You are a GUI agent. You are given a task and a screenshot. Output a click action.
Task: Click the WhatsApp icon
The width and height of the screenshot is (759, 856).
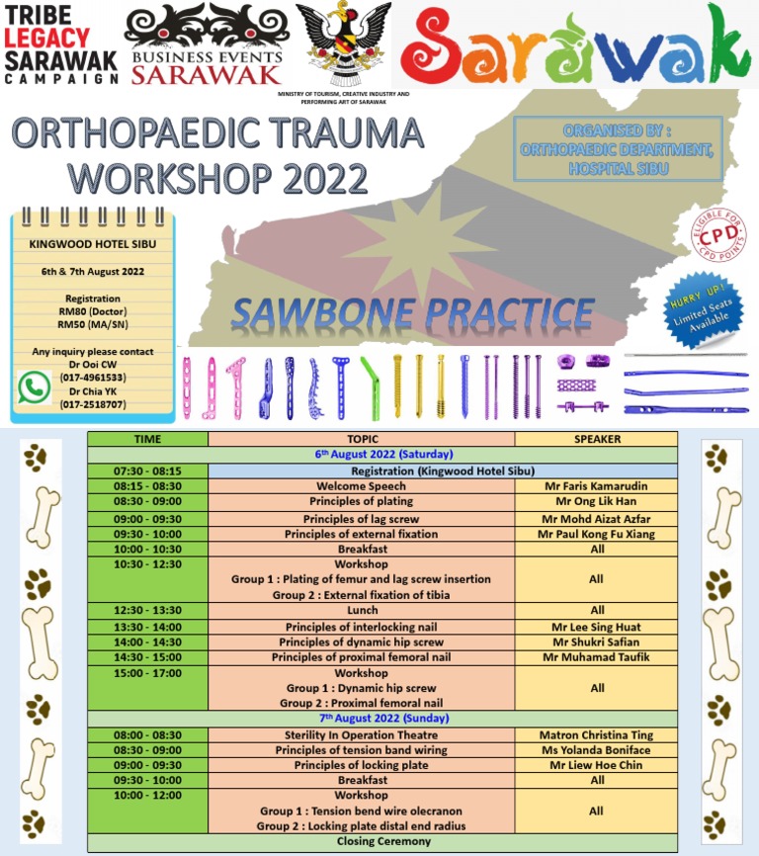(35, 386)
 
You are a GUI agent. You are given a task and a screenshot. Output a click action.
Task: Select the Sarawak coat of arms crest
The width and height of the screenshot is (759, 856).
(343, 44)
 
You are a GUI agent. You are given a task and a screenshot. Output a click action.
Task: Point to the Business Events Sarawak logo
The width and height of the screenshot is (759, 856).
(208, 44)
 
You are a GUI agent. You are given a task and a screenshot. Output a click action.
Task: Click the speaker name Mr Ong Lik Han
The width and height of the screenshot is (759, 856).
(596, 502)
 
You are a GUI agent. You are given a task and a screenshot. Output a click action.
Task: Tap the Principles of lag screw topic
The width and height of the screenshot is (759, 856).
(361, 519)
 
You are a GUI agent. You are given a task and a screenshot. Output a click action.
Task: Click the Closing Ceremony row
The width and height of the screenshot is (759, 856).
(383, 842)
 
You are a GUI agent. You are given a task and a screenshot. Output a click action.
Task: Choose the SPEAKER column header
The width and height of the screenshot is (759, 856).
(596, 439)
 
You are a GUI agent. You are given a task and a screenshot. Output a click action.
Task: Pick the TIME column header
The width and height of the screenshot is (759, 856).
(147, 439)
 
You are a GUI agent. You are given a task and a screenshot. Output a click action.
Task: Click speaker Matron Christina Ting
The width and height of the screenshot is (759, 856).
(596, 735)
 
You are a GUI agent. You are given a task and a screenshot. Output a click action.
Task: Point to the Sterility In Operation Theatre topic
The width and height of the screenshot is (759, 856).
(361, 735)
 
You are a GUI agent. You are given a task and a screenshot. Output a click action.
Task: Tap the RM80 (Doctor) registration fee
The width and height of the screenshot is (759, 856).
(92, 311)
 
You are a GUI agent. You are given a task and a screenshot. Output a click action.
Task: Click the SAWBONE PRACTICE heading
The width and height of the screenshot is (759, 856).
(412, 313)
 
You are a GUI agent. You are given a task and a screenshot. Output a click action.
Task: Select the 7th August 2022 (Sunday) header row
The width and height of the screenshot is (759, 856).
(383, 719)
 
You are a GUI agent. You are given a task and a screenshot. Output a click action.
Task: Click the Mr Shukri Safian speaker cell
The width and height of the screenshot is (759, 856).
(596, 642)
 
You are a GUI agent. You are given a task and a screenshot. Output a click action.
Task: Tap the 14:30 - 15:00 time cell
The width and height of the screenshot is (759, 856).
(147, 657)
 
